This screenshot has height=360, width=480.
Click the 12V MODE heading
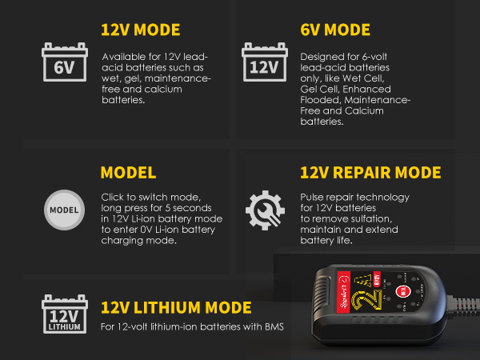pos(140,30)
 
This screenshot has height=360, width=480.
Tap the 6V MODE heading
pos(335,30)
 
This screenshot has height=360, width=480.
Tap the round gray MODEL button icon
pos(64,210)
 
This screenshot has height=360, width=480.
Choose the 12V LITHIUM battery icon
pos(64,315)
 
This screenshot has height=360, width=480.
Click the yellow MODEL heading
pos(128,173)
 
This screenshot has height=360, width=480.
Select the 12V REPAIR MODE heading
pos(370,173)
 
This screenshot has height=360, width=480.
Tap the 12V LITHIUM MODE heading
pos(176,308)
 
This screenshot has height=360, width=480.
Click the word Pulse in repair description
pos(313,197)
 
